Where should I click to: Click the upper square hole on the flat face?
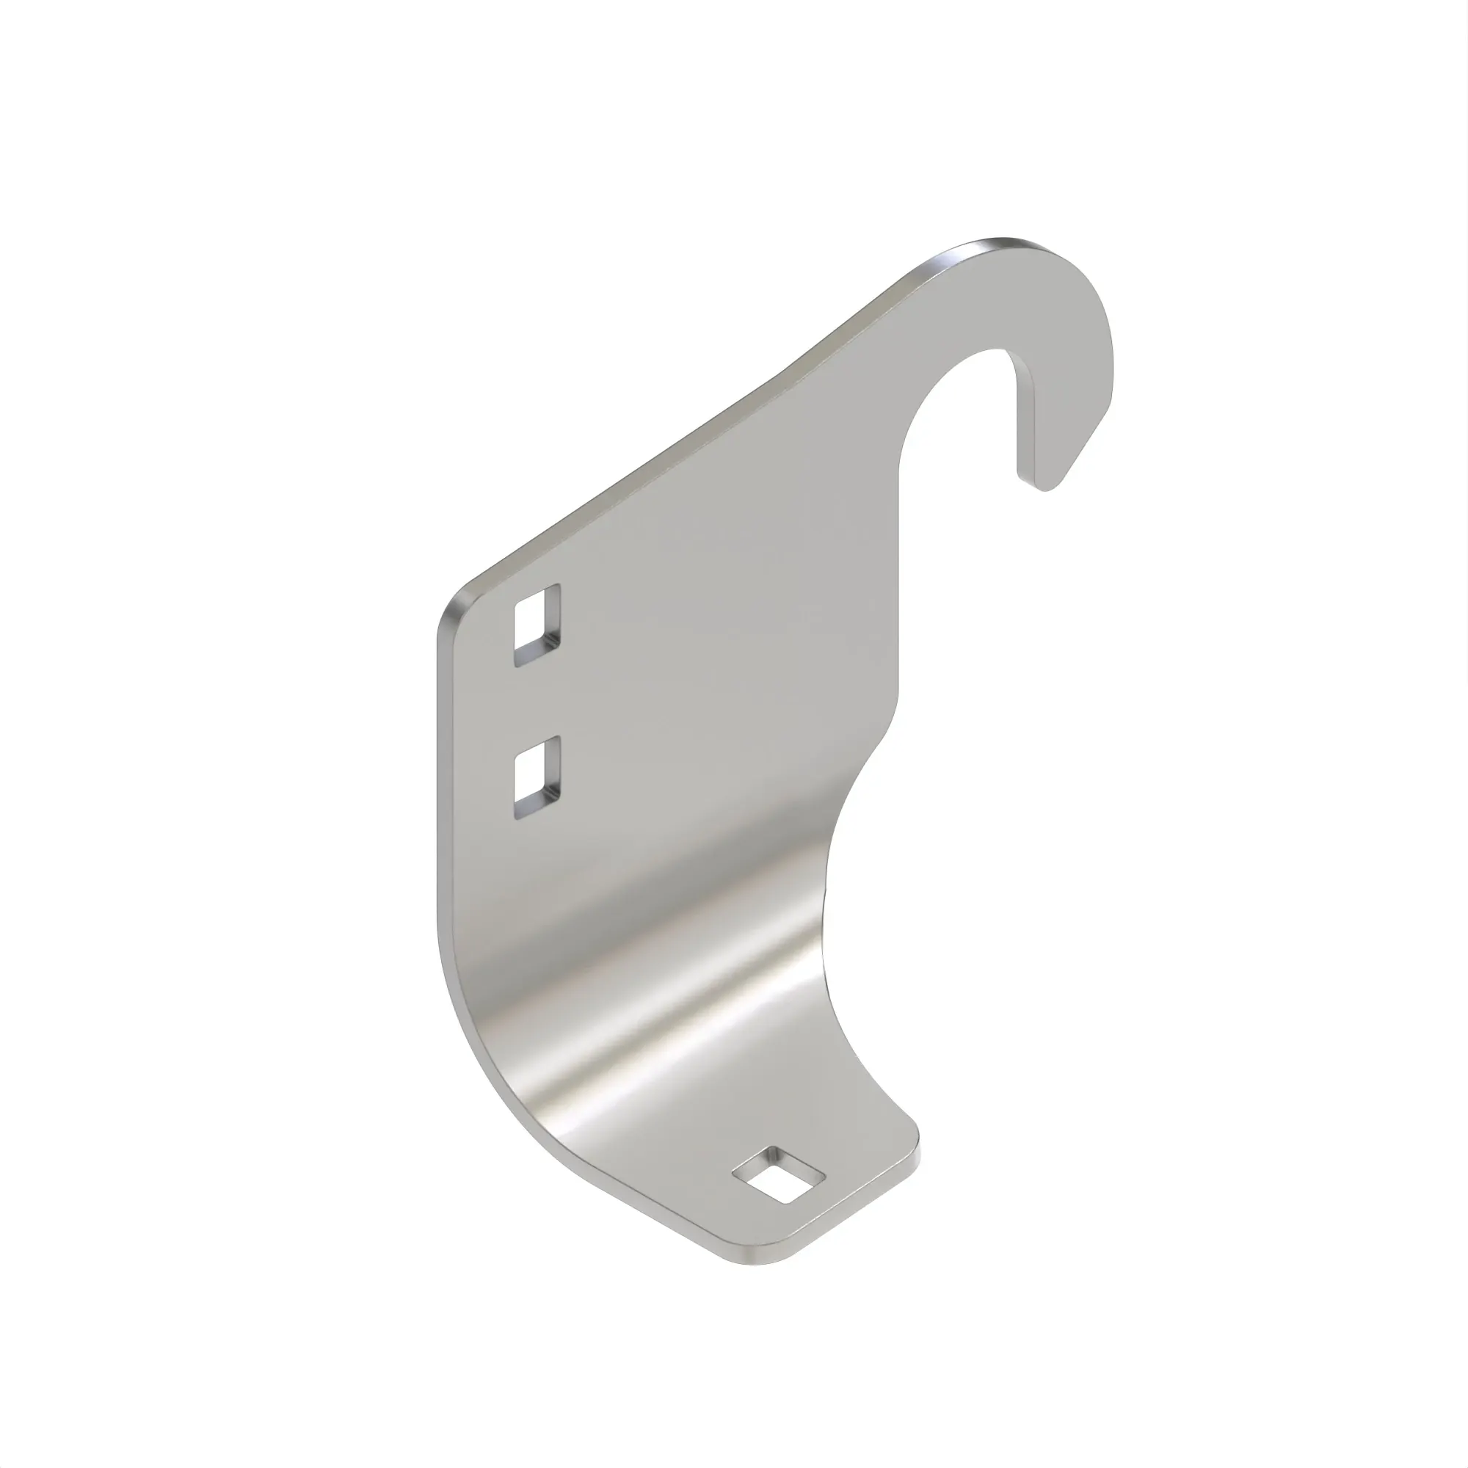537,625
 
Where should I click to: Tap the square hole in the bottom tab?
779,1196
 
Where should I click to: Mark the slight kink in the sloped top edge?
782,372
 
